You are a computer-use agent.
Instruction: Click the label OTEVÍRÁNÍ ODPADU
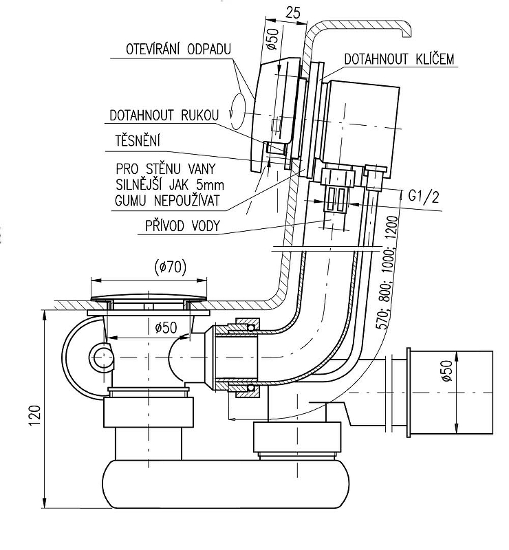[177, 49]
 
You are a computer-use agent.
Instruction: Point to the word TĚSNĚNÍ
[138, 142]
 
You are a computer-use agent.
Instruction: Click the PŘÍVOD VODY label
[184, 225]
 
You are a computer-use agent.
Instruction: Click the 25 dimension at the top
[292, 12]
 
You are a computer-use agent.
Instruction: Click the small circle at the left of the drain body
[101, 357]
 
